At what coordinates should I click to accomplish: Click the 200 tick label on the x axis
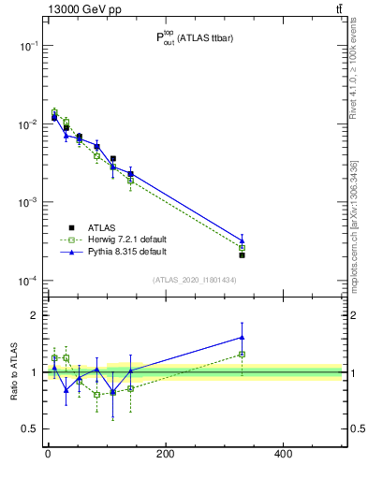pos(165,455)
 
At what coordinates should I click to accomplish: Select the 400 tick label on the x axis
pos(283,455)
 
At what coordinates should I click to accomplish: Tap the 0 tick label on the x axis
pos(48,455)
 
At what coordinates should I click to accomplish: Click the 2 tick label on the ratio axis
pos(33,315)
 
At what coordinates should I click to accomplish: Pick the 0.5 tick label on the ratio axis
pos(29,429)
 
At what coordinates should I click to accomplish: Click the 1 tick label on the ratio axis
pos(33,372)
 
